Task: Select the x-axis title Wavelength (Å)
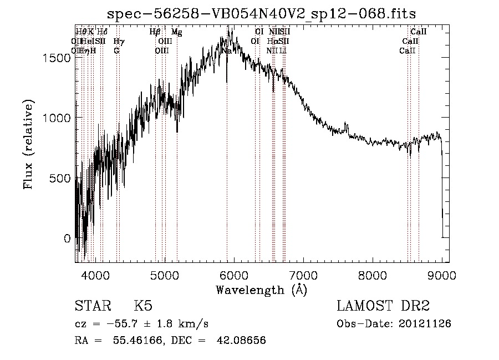261,290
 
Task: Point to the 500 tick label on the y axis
62,178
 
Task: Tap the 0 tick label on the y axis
67,239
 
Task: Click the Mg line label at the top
176,32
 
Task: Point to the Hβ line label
155,32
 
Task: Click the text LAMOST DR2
383,306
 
